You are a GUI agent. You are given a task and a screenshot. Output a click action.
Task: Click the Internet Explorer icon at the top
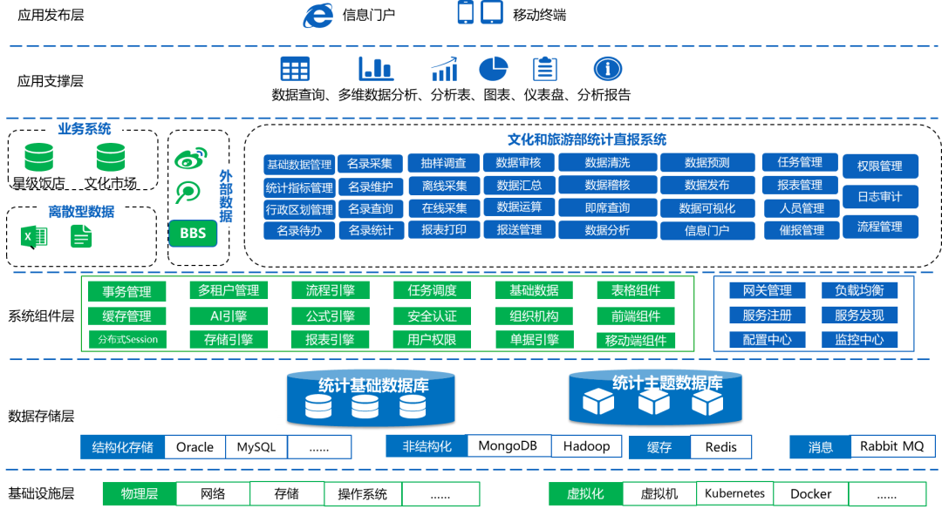pos(318,15)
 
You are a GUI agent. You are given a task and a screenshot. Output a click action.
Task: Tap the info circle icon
pos(607,69)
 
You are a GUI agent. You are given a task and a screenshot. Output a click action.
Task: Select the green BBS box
pos(193,233)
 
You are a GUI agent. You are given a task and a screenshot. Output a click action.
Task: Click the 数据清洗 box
pos(607,163)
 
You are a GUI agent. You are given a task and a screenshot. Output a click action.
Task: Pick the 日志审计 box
pos(879,196)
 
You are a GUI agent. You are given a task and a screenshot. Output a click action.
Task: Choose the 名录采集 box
pos(370,164)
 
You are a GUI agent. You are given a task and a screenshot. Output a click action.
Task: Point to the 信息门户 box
pos(707,231)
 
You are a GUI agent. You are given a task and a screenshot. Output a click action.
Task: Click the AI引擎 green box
pos(229,316)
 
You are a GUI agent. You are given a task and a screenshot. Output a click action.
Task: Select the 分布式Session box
pos(127,339)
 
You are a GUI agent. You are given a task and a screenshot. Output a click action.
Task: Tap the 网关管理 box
pos(767,291)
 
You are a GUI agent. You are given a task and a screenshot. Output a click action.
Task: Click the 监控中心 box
pos(859,339)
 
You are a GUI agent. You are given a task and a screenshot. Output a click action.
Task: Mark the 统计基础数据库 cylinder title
pos(372,385)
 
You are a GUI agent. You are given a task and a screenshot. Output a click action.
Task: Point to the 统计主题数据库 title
pos(667,383)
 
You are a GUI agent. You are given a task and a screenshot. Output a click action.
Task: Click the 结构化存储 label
pos(123,447)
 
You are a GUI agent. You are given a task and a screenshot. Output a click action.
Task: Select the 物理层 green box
pos(140,494)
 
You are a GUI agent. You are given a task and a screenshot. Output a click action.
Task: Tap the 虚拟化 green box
pos(585,494)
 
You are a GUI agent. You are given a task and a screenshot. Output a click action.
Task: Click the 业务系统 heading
pos(85,129)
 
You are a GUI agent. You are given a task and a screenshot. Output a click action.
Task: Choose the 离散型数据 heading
pos(81,211)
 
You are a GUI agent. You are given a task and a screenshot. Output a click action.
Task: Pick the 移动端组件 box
pos(635,340)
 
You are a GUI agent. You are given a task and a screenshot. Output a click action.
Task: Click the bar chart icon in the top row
pos(376,69)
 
